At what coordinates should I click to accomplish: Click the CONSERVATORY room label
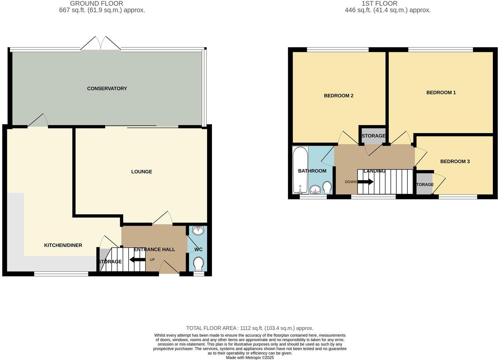coord(107,89)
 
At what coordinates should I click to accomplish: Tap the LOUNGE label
coord(141,172)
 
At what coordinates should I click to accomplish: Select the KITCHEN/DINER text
coord(63,245)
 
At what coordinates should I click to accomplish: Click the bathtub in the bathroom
coord(300,170)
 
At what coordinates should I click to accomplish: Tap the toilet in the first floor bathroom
coord(327,187)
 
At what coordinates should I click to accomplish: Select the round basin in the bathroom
coord(315,189)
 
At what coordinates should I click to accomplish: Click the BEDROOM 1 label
coord(441,93)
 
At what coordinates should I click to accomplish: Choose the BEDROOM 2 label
coord(339,96)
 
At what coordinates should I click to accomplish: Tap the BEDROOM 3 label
coord(455,162)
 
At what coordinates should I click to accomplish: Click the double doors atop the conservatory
coord(101,44)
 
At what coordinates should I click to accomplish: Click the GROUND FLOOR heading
coord(96,3)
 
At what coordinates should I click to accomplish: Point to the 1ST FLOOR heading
coord(379,3)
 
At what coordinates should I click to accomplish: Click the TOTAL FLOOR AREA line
coord(250,328)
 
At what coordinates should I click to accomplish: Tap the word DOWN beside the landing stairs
coord(350,182)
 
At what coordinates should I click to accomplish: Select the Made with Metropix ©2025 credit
coord(250,358)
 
